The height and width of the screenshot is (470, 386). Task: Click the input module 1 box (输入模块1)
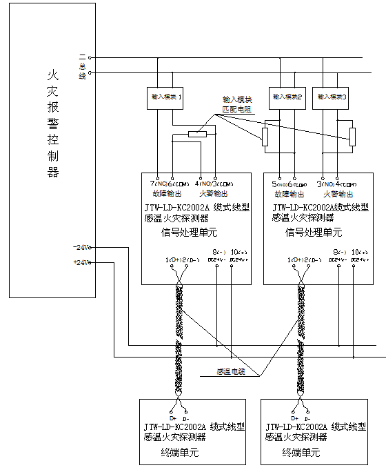(165, 97)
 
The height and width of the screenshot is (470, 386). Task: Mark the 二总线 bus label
(82, 66)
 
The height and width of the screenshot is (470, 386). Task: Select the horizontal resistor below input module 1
(196, 134)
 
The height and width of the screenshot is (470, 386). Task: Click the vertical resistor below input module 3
(352, 137)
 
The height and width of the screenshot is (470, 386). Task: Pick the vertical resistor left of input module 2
(265, 137)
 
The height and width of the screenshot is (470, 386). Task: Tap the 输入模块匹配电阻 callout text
(236, 104)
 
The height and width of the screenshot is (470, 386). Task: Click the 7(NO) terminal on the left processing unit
(159, 184)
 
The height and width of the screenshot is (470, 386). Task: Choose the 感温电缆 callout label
(230, 372)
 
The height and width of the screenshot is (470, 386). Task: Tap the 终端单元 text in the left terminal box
(179, 453)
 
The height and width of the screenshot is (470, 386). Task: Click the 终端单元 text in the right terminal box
(301, 453)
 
